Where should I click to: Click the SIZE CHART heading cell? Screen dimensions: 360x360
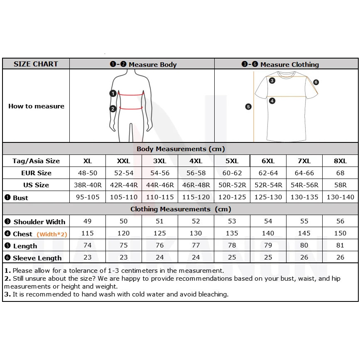tap(36, 64)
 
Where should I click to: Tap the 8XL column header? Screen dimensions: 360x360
tap(340, 161)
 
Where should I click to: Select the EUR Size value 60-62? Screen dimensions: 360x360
tap(232, 173)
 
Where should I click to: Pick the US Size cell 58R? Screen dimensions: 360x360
tap(340, 185)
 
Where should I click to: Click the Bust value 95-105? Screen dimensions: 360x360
tap(88, 197)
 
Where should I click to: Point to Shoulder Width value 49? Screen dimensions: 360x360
tap(88, 221)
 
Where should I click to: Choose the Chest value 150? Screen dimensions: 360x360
tap(340, 233)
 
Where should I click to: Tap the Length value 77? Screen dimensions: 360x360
tap(196, 245)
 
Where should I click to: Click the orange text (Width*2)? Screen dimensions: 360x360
tap(52, 234)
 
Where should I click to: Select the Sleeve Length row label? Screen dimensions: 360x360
tap(37, 258)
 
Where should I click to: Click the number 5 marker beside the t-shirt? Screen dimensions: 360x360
tap(248, 107)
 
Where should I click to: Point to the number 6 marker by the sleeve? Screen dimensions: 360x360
tap(316, 82)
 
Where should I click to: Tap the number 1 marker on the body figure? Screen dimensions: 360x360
tap(113, 93)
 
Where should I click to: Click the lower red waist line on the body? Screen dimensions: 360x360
tap(131, 108)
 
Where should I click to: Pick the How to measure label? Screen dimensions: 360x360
tap(36, 106)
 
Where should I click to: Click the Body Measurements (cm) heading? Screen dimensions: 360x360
tap(181, 149)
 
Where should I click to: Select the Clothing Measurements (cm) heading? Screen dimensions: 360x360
tap(181, 209)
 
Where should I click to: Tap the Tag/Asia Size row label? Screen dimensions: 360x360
tap(36, 161)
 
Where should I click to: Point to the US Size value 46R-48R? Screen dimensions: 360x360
tap(196, 185)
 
